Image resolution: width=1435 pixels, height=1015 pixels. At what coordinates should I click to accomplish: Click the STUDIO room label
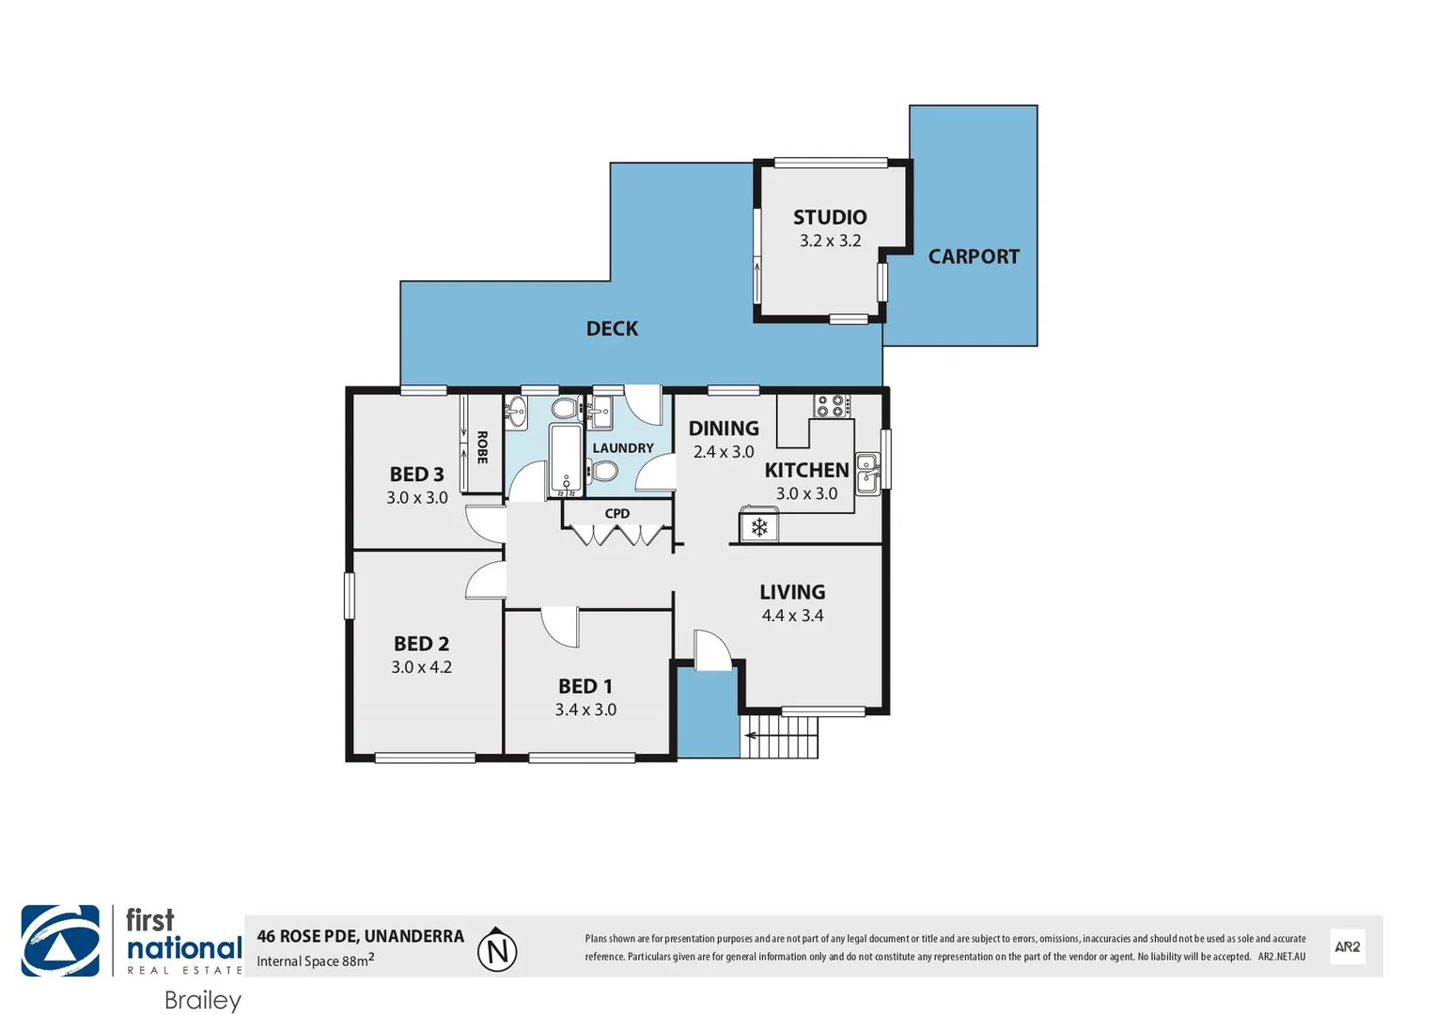(829, 217)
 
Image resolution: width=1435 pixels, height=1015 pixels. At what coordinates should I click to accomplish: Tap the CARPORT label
(974, 257)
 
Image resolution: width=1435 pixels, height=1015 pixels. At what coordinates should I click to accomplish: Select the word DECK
(612, 329)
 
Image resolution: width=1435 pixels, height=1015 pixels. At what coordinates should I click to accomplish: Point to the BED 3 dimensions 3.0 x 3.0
(417, 498)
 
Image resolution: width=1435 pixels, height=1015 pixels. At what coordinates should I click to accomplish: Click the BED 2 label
(421, 644)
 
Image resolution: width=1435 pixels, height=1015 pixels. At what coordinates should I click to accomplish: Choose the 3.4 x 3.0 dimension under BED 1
(585, 710)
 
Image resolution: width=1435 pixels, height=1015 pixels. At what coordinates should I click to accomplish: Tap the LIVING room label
(792, 592)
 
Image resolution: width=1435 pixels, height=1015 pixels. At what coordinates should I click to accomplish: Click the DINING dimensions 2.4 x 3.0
(724, 452)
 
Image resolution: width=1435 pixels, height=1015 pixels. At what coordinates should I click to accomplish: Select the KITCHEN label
(806, 470)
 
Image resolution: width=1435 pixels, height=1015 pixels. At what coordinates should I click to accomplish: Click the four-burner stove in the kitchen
(831, 406)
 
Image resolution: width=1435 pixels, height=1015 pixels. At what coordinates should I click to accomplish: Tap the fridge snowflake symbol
(758, 527)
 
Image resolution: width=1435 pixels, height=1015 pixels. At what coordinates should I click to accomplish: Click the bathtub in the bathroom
(566, 460)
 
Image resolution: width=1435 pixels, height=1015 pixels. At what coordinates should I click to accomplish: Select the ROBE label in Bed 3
(482, 447)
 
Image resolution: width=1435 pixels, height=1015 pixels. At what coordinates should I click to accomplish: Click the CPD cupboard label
(617, 513)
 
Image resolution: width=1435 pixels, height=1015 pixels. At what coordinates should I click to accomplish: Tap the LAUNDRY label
(623, 448)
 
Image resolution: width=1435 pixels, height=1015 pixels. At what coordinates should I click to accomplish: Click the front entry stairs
(782, 737)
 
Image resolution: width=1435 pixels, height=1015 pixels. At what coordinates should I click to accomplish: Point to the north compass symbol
(497, 950)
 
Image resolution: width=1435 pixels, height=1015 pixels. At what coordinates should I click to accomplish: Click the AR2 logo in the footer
(1347, 946)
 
